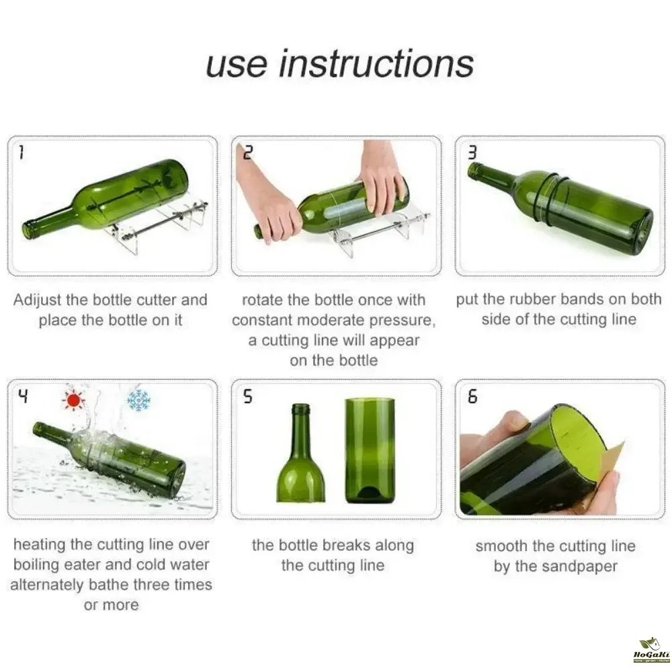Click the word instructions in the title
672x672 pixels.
377,65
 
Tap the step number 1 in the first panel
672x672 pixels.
21,153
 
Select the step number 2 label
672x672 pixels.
248,153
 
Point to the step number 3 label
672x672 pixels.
472,153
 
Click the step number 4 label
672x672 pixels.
23,396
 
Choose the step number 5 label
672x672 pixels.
248,396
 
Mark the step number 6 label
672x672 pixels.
472,396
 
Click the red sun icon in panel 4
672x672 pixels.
74,401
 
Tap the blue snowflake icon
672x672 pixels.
138,401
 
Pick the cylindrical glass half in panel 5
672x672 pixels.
370,451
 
